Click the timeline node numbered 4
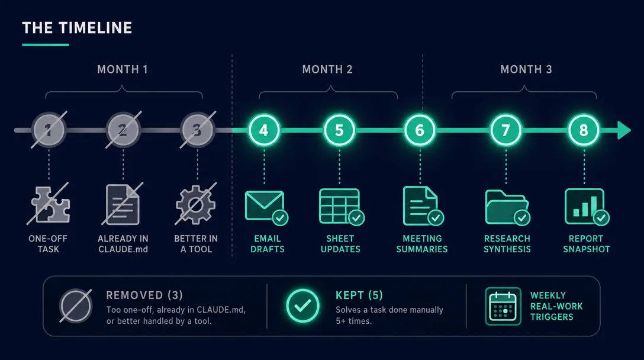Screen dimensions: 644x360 click(264, 130)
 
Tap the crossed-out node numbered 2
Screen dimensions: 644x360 click(123, 130)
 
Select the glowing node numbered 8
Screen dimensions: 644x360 click(584, 130)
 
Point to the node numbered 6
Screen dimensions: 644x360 click(420, 130)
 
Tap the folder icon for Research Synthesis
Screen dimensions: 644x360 click(507, 208)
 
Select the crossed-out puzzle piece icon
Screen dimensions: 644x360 click(49, 204)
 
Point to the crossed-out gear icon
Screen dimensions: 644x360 click(196, 204)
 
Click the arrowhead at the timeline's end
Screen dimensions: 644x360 click(624, 130)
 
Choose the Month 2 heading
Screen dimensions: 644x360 click(327, 69)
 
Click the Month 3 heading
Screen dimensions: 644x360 click(526, 69)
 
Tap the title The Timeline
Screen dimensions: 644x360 click(77, 28)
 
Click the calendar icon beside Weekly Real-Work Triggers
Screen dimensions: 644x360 click(503, 306)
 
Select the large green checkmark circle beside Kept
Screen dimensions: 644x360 click(302, 306)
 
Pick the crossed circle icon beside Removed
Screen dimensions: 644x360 click(76, 306)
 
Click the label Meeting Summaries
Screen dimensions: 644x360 click(422, 244)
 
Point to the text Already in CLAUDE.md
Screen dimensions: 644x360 click(123, 244)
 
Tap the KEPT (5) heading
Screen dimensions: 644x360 click(359, 295)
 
